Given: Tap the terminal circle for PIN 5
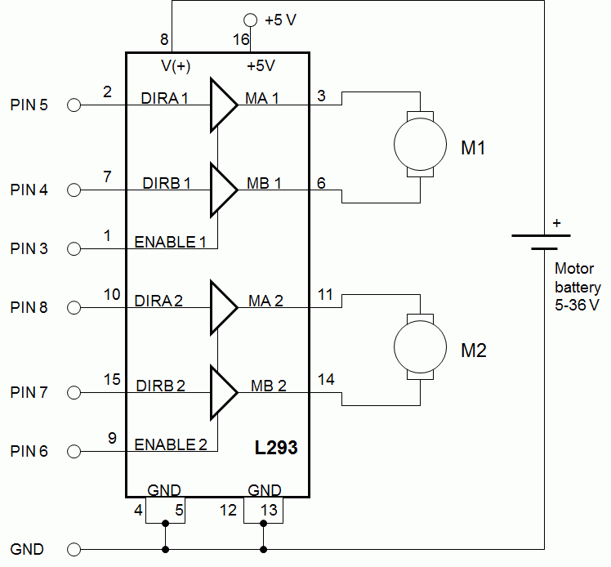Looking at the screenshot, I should (74, 105).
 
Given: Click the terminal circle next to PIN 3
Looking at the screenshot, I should (74, 248).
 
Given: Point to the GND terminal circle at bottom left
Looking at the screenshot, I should (74, 549).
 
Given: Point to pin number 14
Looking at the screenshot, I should (325, 380).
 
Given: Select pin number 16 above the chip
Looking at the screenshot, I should (241, 39).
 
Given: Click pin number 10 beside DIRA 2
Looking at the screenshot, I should (112, 293).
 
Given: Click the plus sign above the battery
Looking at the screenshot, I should (557, 222).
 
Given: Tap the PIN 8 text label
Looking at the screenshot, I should (29, 308).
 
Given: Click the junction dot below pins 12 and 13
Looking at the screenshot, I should (263, 549).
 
